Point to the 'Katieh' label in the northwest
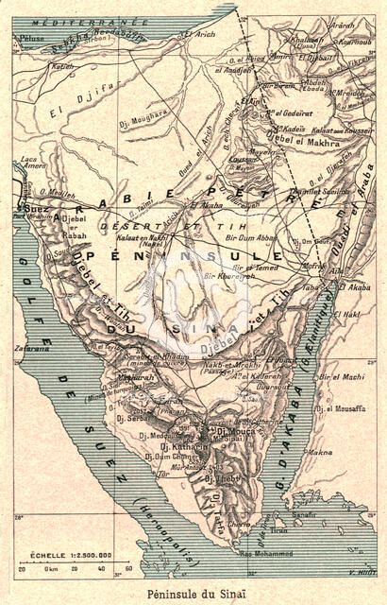[x=62, y=67]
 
